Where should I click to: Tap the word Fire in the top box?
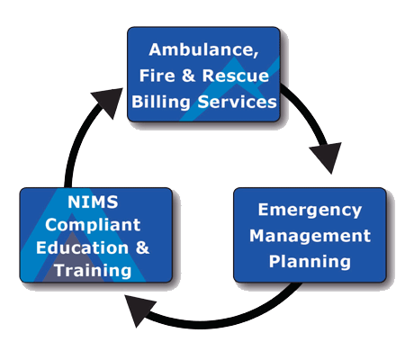tap(157, 76)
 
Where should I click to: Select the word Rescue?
tap(236, 76)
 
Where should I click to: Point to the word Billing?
tap(161, 102)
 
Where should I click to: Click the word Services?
tap(237, 102)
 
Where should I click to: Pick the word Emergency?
tap(310, 211)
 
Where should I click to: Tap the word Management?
tap(310, 236)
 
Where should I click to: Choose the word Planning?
tap(310, 262)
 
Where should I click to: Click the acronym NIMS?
tap(93, 202)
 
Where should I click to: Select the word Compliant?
tap(93, 225)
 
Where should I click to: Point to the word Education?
tap(82, 247)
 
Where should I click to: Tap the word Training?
tap(93, 271)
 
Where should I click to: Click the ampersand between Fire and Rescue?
tap(188, 76)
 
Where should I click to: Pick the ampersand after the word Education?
tap(142, 247)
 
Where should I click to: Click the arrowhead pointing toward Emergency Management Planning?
tap(328, 156)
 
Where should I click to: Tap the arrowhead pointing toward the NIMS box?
tap(138, 310)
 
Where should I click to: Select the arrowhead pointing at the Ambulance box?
tap(110, 102)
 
